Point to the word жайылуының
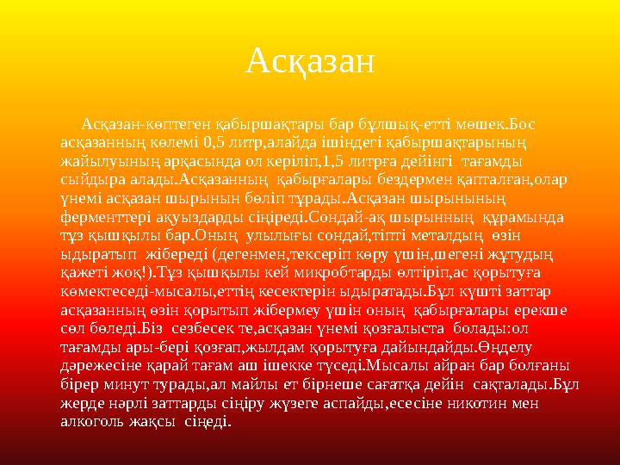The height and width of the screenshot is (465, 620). (x=105, y=161)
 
